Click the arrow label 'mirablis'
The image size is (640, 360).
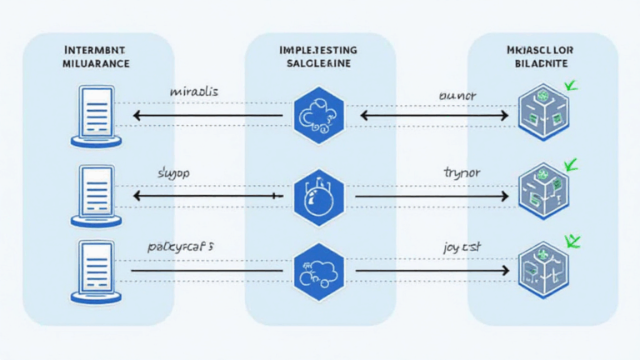(194, 92)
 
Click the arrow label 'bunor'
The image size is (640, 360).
(457, 96)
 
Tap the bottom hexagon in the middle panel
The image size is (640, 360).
(318, 270)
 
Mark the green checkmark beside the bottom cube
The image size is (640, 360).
(572, 241)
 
